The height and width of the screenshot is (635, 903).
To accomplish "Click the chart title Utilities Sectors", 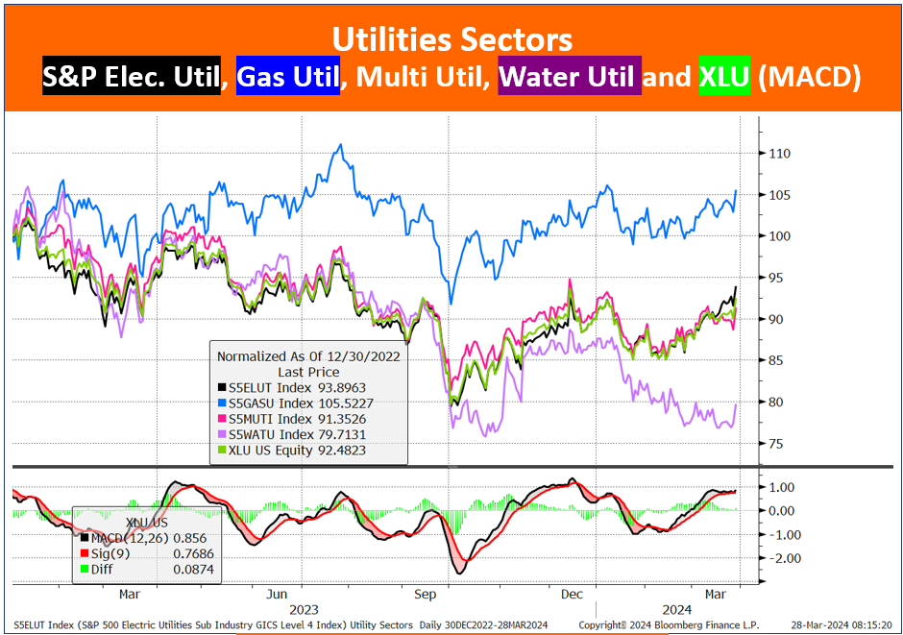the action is [452, 39].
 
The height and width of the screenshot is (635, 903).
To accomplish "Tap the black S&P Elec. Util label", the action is [132, 76].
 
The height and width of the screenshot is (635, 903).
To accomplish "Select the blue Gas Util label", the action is [288, 76].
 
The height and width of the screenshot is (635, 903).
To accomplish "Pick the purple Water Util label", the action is [570, 76].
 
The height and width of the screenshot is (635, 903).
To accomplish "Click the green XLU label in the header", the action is [724, 76].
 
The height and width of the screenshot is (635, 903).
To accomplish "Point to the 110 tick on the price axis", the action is [779, 154].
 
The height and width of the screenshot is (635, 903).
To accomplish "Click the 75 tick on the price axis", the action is [776, 444].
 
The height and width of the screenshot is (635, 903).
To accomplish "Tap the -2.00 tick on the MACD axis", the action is [783, 558].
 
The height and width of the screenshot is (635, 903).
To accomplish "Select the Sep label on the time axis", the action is [425, 594].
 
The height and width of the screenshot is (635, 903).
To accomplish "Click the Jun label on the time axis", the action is [277, 594].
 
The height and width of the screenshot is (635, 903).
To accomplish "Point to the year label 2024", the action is [676, 610].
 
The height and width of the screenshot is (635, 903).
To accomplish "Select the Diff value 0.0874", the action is [193, 570].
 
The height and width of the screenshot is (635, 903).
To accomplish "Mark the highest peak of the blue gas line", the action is [340, 144].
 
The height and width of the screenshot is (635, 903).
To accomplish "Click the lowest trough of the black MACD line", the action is [460, 573].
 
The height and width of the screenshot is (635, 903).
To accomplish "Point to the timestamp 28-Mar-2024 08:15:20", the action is [841, 625].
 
